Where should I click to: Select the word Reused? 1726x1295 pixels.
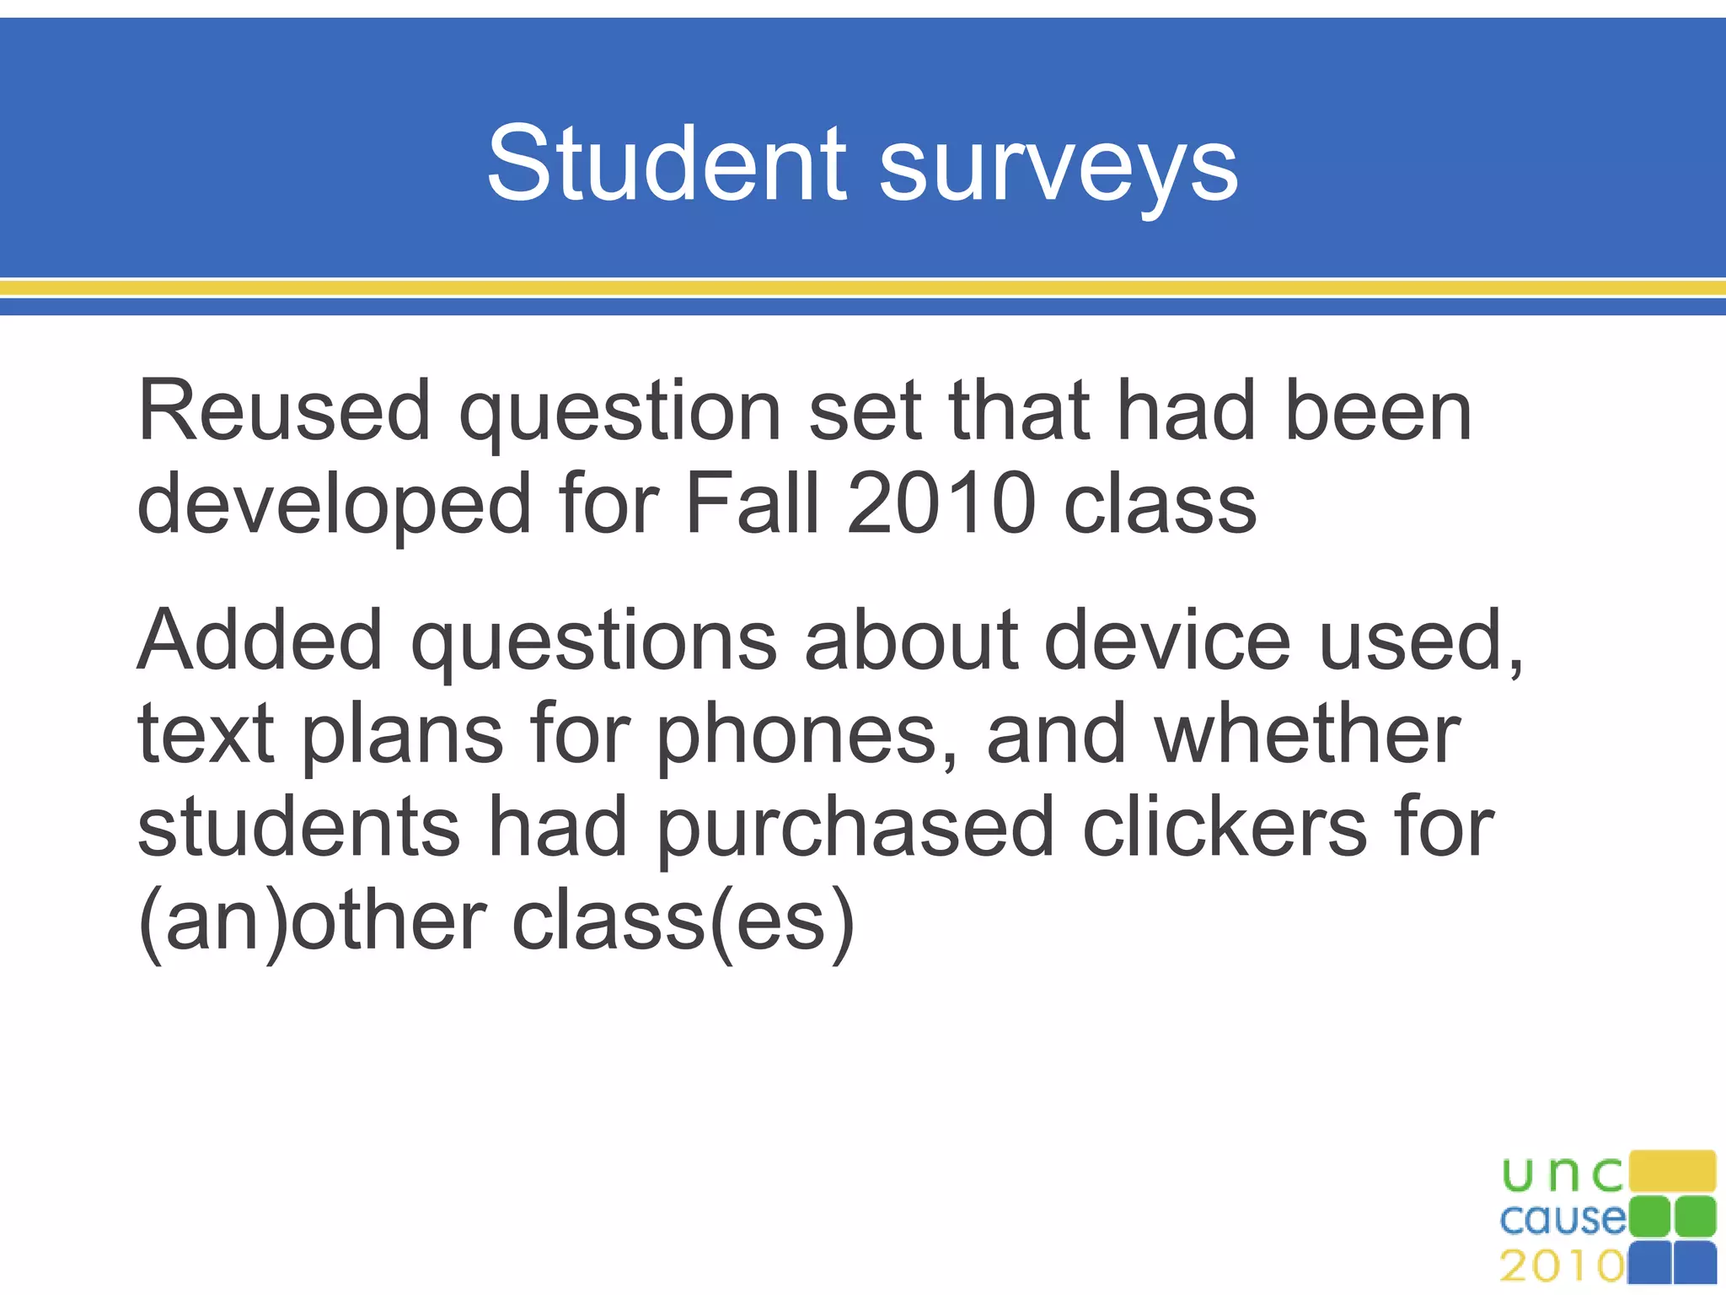(284, 411)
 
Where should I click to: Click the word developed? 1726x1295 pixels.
(334, 505)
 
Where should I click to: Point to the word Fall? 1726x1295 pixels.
(753, 503)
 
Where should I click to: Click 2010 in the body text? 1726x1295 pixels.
(941, 503)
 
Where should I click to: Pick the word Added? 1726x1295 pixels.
(260, 640)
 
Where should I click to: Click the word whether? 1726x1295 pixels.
(1307, 733)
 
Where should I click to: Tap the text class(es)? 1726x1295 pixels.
(683, 922)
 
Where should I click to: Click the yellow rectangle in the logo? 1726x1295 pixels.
(1673, 1172)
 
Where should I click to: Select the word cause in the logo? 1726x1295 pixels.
(1563, 1219)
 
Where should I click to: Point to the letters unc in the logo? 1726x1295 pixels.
(1563, 1174)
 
